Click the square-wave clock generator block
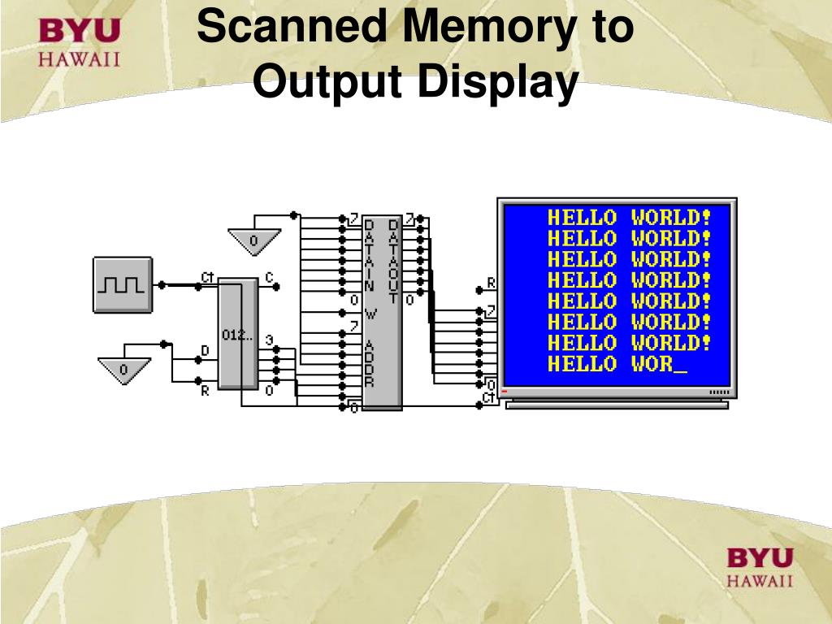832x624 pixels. click(123, 284)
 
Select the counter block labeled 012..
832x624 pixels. click(237, 335)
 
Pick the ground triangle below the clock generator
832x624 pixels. click(124, 370)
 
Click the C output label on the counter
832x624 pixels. click(269, 277)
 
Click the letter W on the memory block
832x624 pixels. click(370, 313)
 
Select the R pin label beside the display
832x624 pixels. click(491, 284)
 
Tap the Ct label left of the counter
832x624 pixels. click(207, 278)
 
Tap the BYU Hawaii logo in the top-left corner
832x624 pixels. click(80, 43)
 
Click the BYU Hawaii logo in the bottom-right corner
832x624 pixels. click(759, 566)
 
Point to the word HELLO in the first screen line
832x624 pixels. click(582, 218)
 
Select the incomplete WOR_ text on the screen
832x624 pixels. click(659, 364)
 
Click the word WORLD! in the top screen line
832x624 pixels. click(671, 218)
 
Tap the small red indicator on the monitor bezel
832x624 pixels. click(505, 392)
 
